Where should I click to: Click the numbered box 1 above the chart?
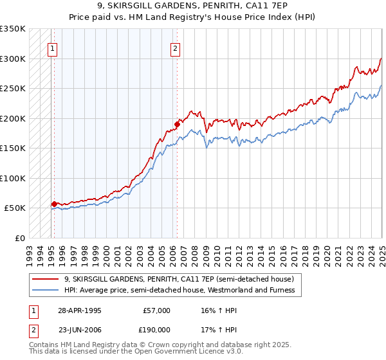52,47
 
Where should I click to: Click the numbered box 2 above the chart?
175,47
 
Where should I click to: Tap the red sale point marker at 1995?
54,204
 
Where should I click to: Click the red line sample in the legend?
46,279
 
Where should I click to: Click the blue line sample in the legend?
46,290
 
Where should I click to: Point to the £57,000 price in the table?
157,310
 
